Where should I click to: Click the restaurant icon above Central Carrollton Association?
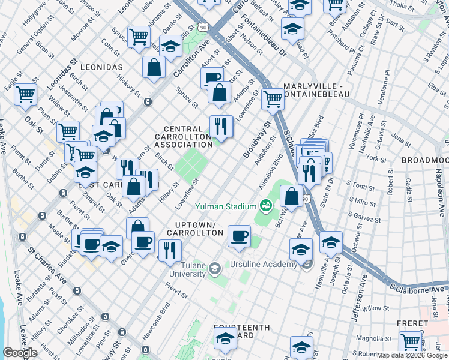pyautogui.click(x=220, y=125)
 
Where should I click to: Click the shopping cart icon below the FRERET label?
pyautogui.click(x=410, y=341)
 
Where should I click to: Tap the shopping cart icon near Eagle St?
pyautogui.click(x=26, y=94)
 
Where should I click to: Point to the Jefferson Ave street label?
pyautogui.click(x=360, y=307)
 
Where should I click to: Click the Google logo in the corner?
pyautogui.click(x=20, y=353)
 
